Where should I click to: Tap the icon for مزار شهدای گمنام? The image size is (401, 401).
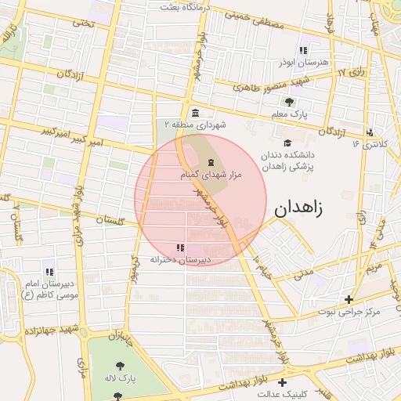(210, 162)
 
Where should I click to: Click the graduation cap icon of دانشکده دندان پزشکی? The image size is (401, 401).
(288, 143)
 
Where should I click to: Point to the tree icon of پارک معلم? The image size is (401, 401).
(289, 102)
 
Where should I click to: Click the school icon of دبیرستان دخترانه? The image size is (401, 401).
(182, 247)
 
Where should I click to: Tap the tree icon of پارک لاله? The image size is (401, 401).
(119, 365)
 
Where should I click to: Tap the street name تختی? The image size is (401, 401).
(81, 23)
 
